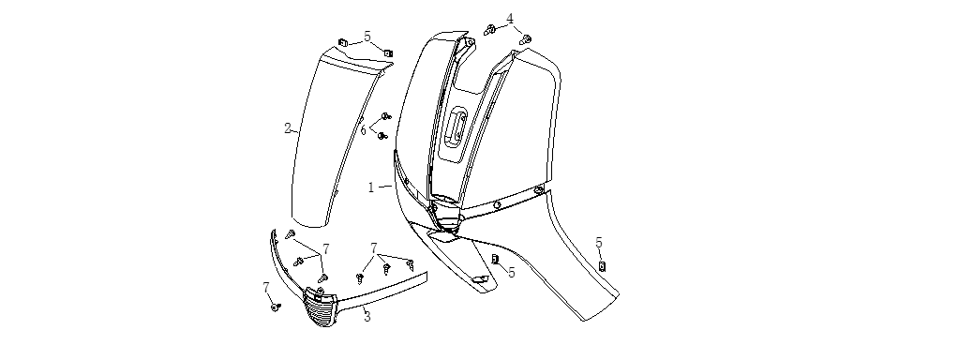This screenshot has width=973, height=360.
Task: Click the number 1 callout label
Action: pos(371,187)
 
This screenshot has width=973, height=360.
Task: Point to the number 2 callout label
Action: pos(288,128)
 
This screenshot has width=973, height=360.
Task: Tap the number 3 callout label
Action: pos(367,317)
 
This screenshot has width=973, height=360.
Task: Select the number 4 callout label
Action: pos(510,18)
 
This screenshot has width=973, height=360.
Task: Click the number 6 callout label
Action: pos(365,129)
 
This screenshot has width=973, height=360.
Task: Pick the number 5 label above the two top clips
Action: pos(367,37)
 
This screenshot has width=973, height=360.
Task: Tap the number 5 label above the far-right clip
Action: pos(599,243)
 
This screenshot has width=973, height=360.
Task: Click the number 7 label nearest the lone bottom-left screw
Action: pos(266,288)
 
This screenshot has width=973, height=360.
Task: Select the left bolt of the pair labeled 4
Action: pos(489,29)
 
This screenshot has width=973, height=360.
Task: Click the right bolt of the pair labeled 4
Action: pos(525,39)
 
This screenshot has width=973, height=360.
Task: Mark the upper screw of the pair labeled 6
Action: pos(385,116)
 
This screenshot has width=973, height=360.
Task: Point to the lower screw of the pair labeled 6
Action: pos(382,135)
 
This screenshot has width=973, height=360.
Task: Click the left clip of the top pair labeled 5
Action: pos(342,43)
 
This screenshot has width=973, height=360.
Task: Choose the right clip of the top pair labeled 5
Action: pos(388,53)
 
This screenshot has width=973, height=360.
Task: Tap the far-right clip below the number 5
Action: pos(602,266)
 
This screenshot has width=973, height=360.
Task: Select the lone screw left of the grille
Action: pos(276,307)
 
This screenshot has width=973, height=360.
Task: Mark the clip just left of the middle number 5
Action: pos(495,259)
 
